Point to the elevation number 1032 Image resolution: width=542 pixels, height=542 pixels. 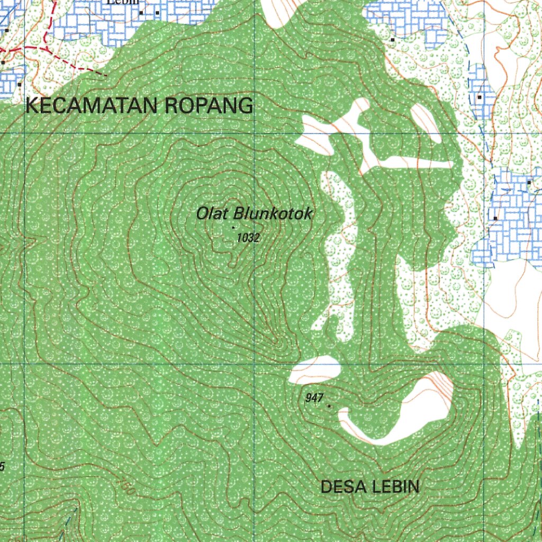248,238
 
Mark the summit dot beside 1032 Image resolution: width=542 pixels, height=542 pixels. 233,227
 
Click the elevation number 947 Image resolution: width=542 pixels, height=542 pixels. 314,398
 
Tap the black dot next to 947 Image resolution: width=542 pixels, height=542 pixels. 329,406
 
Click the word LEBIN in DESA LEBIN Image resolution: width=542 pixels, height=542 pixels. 394,486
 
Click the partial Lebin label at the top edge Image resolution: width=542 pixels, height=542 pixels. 124,2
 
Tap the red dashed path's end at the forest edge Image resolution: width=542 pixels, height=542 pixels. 106,75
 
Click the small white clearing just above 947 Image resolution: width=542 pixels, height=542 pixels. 314,368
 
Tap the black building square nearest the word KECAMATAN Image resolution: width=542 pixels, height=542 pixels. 20,84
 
